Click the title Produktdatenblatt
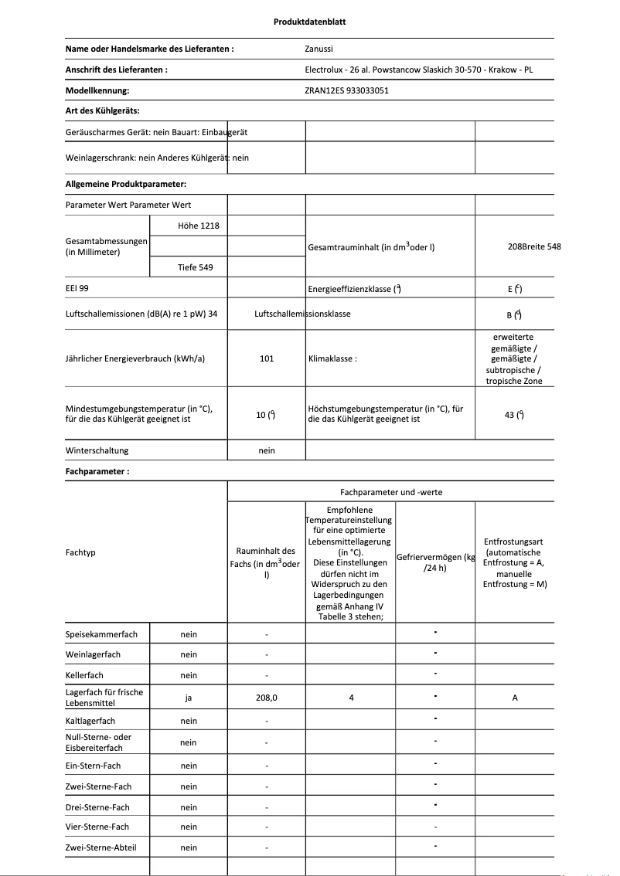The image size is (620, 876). coord(309,22)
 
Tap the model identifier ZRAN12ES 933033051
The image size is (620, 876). coord(347,90)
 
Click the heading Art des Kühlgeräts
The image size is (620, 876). coord(103,111)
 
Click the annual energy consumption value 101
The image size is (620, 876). coord(267,358)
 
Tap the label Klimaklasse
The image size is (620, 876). coord(332,359)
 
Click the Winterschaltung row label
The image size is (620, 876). coord(97,450)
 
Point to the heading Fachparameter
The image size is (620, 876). coord(97,471)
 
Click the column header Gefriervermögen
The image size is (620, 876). coord(434,562)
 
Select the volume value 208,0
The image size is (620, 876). coord(267,698)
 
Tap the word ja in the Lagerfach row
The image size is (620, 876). coord(189,698)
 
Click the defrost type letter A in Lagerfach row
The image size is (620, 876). coord(515,698)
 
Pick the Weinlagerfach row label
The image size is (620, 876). coord(93,654)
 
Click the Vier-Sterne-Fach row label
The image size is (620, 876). coord(97,827)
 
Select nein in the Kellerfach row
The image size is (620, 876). coord(189,675)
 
